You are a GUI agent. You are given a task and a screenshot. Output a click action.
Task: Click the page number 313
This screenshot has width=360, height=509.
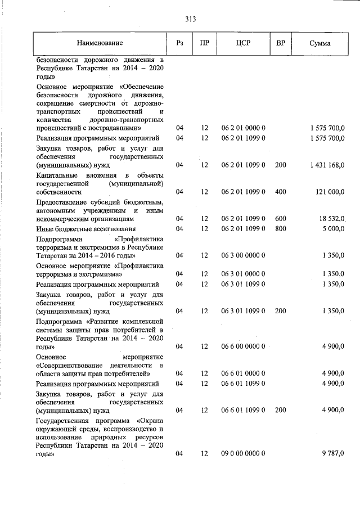point(190,19)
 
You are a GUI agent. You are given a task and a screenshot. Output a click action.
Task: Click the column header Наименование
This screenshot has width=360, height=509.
point(100,43)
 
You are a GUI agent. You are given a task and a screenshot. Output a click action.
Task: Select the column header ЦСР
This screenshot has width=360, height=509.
point(243,43)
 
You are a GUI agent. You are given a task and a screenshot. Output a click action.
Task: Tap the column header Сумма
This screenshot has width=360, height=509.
point(319,43)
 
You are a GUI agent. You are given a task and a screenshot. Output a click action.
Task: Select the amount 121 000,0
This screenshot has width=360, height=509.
point(329,192)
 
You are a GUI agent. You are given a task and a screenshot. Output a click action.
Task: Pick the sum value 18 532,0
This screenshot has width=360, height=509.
point(331,218)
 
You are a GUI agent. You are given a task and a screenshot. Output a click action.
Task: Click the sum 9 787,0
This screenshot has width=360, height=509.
point(332,453)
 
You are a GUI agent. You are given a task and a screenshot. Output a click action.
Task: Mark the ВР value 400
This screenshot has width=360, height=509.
point(281,192)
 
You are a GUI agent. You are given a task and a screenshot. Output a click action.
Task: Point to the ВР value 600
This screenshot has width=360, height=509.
point(281,218)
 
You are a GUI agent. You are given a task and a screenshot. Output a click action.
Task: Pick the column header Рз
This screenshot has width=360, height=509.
point(179,43)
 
